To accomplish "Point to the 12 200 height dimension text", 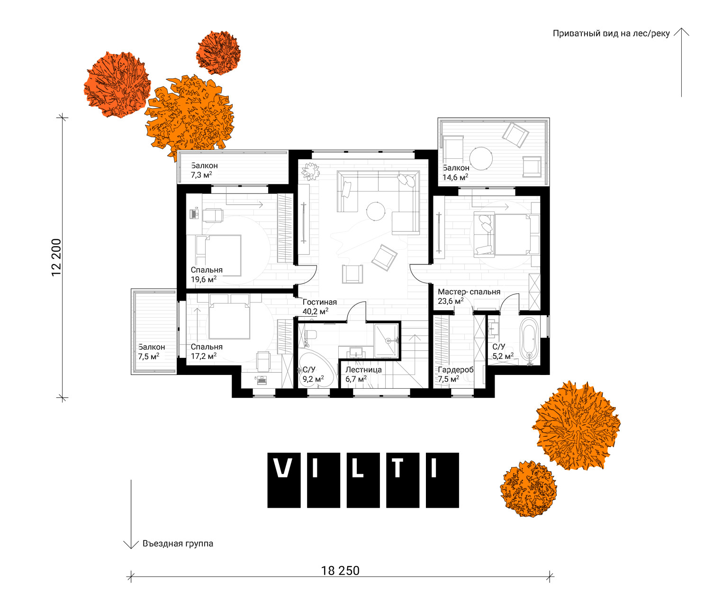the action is click(x=56, y=257).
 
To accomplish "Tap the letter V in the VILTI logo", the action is click(x=284, y=468).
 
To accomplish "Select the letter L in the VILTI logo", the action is click(x=358, y=468).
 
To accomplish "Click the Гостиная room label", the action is click(x=319, y=302).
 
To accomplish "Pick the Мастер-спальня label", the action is click(x=469, y=292).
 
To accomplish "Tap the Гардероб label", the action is click(x=455, y=370).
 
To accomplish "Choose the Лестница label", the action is click(x=363, y=370).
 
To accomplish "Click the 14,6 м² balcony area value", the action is click(x=455, y=177).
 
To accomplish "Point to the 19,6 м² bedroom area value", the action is click(x=204, y=279).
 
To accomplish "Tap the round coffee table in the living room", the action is click(x=376, y=211).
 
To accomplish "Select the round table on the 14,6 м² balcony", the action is click(x=481, y=158).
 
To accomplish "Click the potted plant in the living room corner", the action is click(x=310, y=171).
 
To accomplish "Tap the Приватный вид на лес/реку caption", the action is click(x=611, y=34).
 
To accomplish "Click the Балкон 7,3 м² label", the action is click(x=204, y=170).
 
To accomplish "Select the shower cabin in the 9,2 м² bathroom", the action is click(x=386, y=340).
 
